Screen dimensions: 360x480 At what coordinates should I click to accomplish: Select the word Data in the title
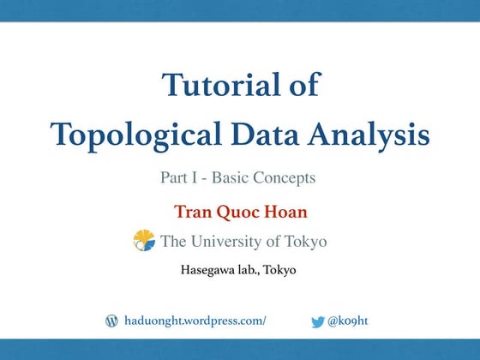click(253, 135)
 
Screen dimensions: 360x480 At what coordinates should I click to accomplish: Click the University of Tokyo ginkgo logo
click(143, 241)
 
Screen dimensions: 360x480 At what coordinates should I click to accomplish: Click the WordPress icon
click(111, 321)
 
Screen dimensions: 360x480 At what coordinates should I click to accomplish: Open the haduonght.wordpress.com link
click(195, 321)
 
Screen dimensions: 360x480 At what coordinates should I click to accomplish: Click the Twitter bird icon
click(318, 321)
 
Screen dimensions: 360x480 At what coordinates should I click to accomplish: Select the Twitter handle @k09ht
click(349, 321)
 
